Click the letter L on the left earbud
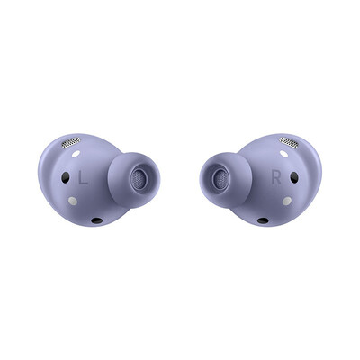pos(83,177)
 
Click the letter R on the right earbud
pos(276,177)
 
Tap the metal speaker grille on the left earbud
pos(71,143)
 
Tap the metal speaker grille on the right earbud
pos(289,142)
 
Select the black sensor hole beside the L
pos(66,177)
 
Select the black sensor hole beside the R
pos(294,177)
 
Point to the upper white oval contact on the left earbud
pos(76,154)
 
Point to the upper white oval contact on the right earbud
pos(283,154)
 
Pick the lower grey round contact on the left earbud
pos(73,201)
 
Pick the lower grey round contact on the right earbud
pos(287,201)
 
